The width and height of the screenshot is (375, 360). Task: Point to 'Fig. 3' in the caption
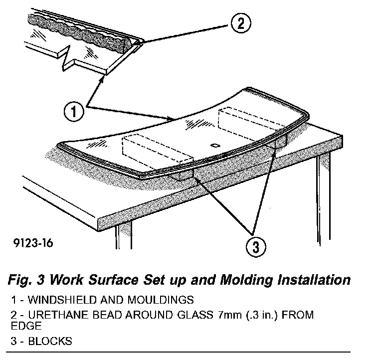[24, 280]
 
